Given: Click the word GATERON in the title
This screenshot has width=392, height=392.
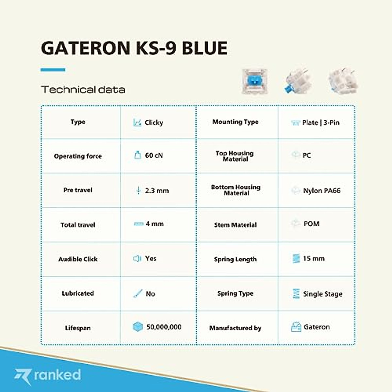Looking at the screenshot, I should click(86, 48).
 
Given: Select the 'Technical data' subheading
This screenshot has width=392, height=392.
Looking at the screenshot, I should click(83, 90).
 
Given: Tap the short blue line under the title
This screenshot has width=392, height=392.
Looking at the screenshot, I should click(53, 70).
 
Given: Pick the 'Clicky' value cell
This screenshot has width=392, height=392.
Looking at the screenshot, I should click(154, 123).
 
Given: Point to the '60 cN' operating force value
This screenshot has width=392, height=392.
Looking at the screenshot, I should click(154, 155).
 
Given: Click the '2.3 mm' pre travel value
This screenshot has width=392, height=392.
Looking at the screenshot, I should click(157, 191).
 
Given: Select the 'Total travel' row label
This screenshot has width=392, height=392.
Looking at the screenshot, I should click(78, 225).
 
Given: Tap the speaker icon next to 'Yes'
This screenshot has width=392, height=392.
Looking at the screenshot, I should click(137, 259).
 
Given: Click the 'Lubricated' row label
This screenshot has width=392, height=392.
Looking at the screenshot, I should click(78, 293).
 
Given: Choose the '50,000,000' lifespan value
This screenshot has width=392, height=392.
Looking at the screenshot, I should click(164, 327).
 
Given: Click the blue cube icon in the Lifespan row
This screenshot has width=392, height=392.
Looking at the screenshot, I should click(138, 327).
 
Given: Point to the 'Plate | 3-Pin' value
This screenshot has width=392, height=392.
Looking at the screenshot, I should click(320, 123).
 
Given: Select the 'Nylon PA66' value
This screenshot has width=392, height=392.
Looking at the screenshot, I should click(321, 191).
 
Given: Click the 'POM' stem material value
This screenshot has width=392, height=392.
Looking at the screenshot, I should click(311, 224).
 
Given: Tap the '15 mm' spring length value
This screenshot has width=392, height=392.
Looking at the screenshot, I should click(314, 259).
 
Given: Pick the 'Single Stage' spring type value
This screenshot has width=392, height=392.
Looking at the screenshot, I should click(322, 294).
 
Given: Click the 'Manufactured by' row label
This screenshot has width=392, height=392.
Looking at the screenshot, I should click(235, 328).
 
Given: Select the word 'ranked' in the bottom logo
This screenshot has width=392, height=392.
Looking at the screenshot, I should click(57, 375).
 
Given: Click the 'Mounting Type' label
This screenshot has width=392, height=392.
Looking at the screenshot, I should click(235, 122).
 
